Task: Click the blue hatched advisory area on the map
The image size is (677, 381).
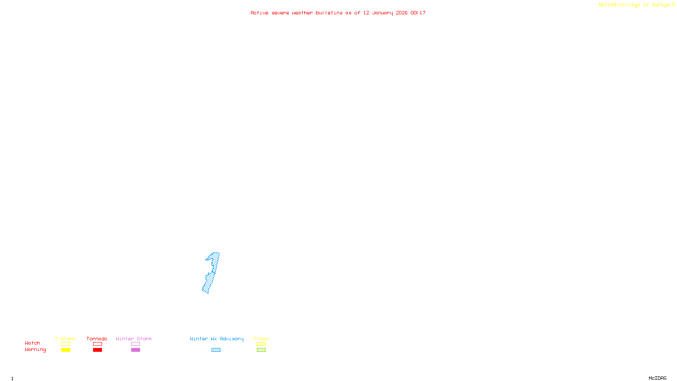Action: click(x=212, y=273)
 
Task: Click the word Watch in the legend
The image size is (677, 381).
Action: click(x=33, y=343)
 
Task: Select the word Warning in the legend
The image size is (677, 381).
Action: click(x=35, y=350)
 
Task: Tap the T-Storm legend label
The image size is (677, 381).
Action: click(x=65, y=339)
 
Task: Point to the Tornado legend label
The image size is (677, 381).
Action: click(x=97, y=339)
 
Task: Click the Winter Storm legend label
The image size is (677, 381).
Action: click(x=134, y=339)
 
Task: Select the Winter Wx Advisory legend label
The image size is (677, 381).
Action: click(x=217, y=339)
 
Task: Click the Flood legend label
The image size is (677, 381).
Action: click(x=261, y=339)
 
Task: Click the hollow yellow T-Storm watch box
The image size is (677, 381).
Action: click(x=66, y=344)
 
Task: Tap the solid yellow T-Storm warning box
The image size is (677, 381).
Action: click(x=66, y=350)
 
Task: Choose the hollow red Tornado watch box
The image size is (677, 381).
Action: click(x=97, y=344)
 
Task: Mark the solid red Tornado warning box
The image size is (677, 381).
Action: click(x=97, y=350)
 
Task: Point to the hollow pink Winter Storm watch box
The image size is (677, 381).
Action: click(x=135, y=344)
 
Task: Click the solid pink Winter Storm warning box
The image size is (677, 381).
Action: click(x=135, y=350)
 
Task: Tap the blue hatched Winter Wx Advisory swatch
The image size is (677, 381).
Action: click(x=216, y=350)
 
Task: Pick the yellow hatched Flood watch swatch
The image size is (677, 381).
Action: click(x=261, y=344)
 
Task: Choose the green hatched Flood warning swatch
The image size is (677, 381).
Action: click(x=261, y=350)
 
